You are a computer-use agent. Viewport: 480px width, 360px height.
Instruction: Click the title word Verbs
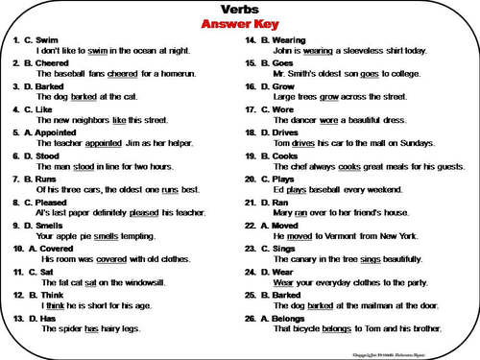239,9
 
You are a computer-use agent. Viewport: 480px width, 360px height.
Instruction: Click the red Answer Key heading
239,23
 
